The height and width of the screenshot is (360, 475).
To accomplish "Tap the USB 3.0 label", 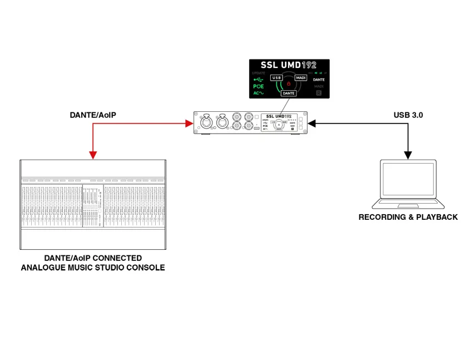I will coord(408,116).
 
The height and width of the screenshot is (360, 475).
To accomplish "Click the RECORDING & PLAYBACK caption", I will coord(408,217).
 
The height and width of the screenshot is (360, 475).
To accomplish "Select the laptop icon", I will coord(408,184).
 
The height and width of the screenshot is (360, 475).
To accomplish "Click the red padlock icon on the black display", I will coord(289,83).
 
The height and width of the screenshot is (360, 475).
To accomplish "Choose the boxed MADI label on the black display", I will coord(300,78).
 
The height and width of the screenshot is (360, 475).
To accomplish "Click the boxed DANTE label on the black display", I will coord(289,93).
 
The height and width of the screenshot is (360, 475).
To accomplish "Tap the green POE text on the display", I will coord(259,86).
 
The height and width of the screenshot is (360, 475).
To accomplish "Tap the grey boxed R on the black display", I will coord(319,93).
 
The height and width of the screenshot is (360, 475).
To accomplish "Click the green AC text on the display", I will coord(258,93).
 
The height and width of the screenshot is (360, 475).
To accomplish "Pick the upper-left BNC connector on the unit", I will coord(239,117).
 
